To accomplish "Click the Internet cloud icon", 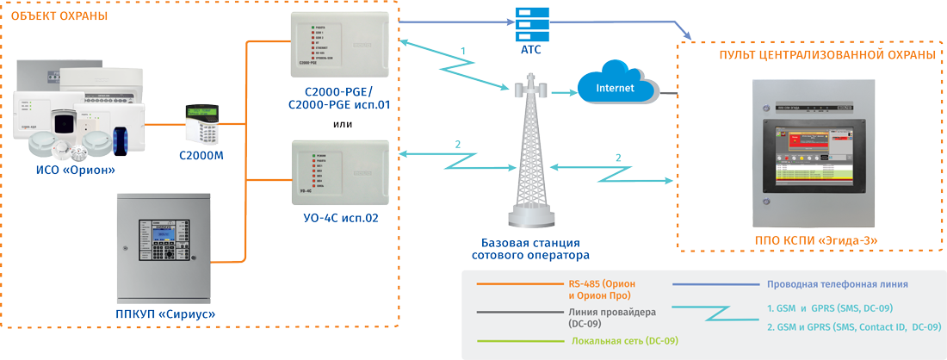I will coord(615,85).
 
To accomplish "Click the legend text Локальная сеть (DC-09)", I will coord(624,341).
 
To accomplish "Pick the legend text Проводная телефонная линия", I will coord(837,283).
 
